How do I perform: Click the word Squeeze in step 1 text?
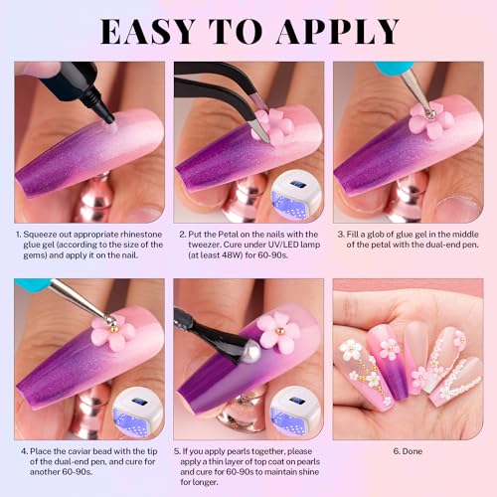(52, 234)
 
